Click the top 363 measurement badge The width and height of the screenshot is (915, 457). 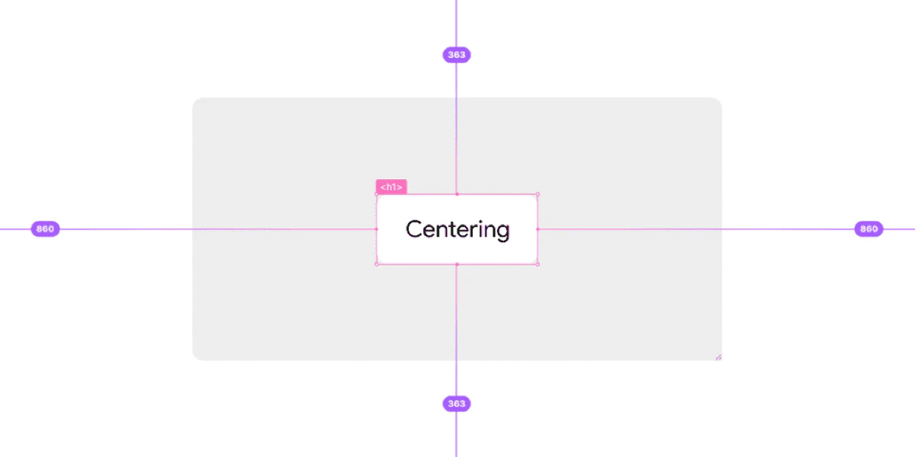pos(456,55)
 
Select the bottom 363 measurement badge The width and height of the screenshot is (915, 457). pos(456,404)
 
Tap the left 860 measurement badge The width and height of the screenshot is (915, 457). pos(45,228)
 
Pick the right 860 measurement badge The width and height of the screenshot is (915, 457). pos(868,228)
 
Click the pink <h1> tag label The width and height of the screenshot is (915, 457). pos(391,187)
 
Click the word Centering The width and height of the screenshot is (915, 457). pos(457,229)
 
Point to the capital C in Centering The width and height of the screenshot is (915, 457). pos(414,228)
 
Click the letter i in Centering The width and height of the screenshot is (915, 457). pos(477,228)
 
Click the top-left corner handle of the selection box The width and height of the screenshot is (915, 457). pos(377,194)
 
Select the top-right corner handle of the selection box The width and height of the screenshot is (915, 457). pos(538,194)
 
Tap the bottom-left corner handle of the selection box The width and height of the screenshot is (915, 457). pos(377,264)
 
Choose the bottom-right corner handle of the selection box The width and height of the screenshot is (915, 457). pos(538,264)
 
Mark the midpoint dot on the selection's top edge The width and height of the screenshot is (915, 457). pos(457,194)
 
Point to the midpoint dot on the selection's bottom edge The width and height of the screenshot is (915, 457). pos(457,264)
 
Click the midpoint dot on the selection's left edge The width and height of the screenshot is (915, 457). pos(377,229)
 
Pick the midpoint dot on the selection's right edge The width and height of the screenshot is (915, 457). pos(538,229)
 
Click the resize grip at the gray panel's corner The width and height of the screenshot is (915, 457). pos(718,356)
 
